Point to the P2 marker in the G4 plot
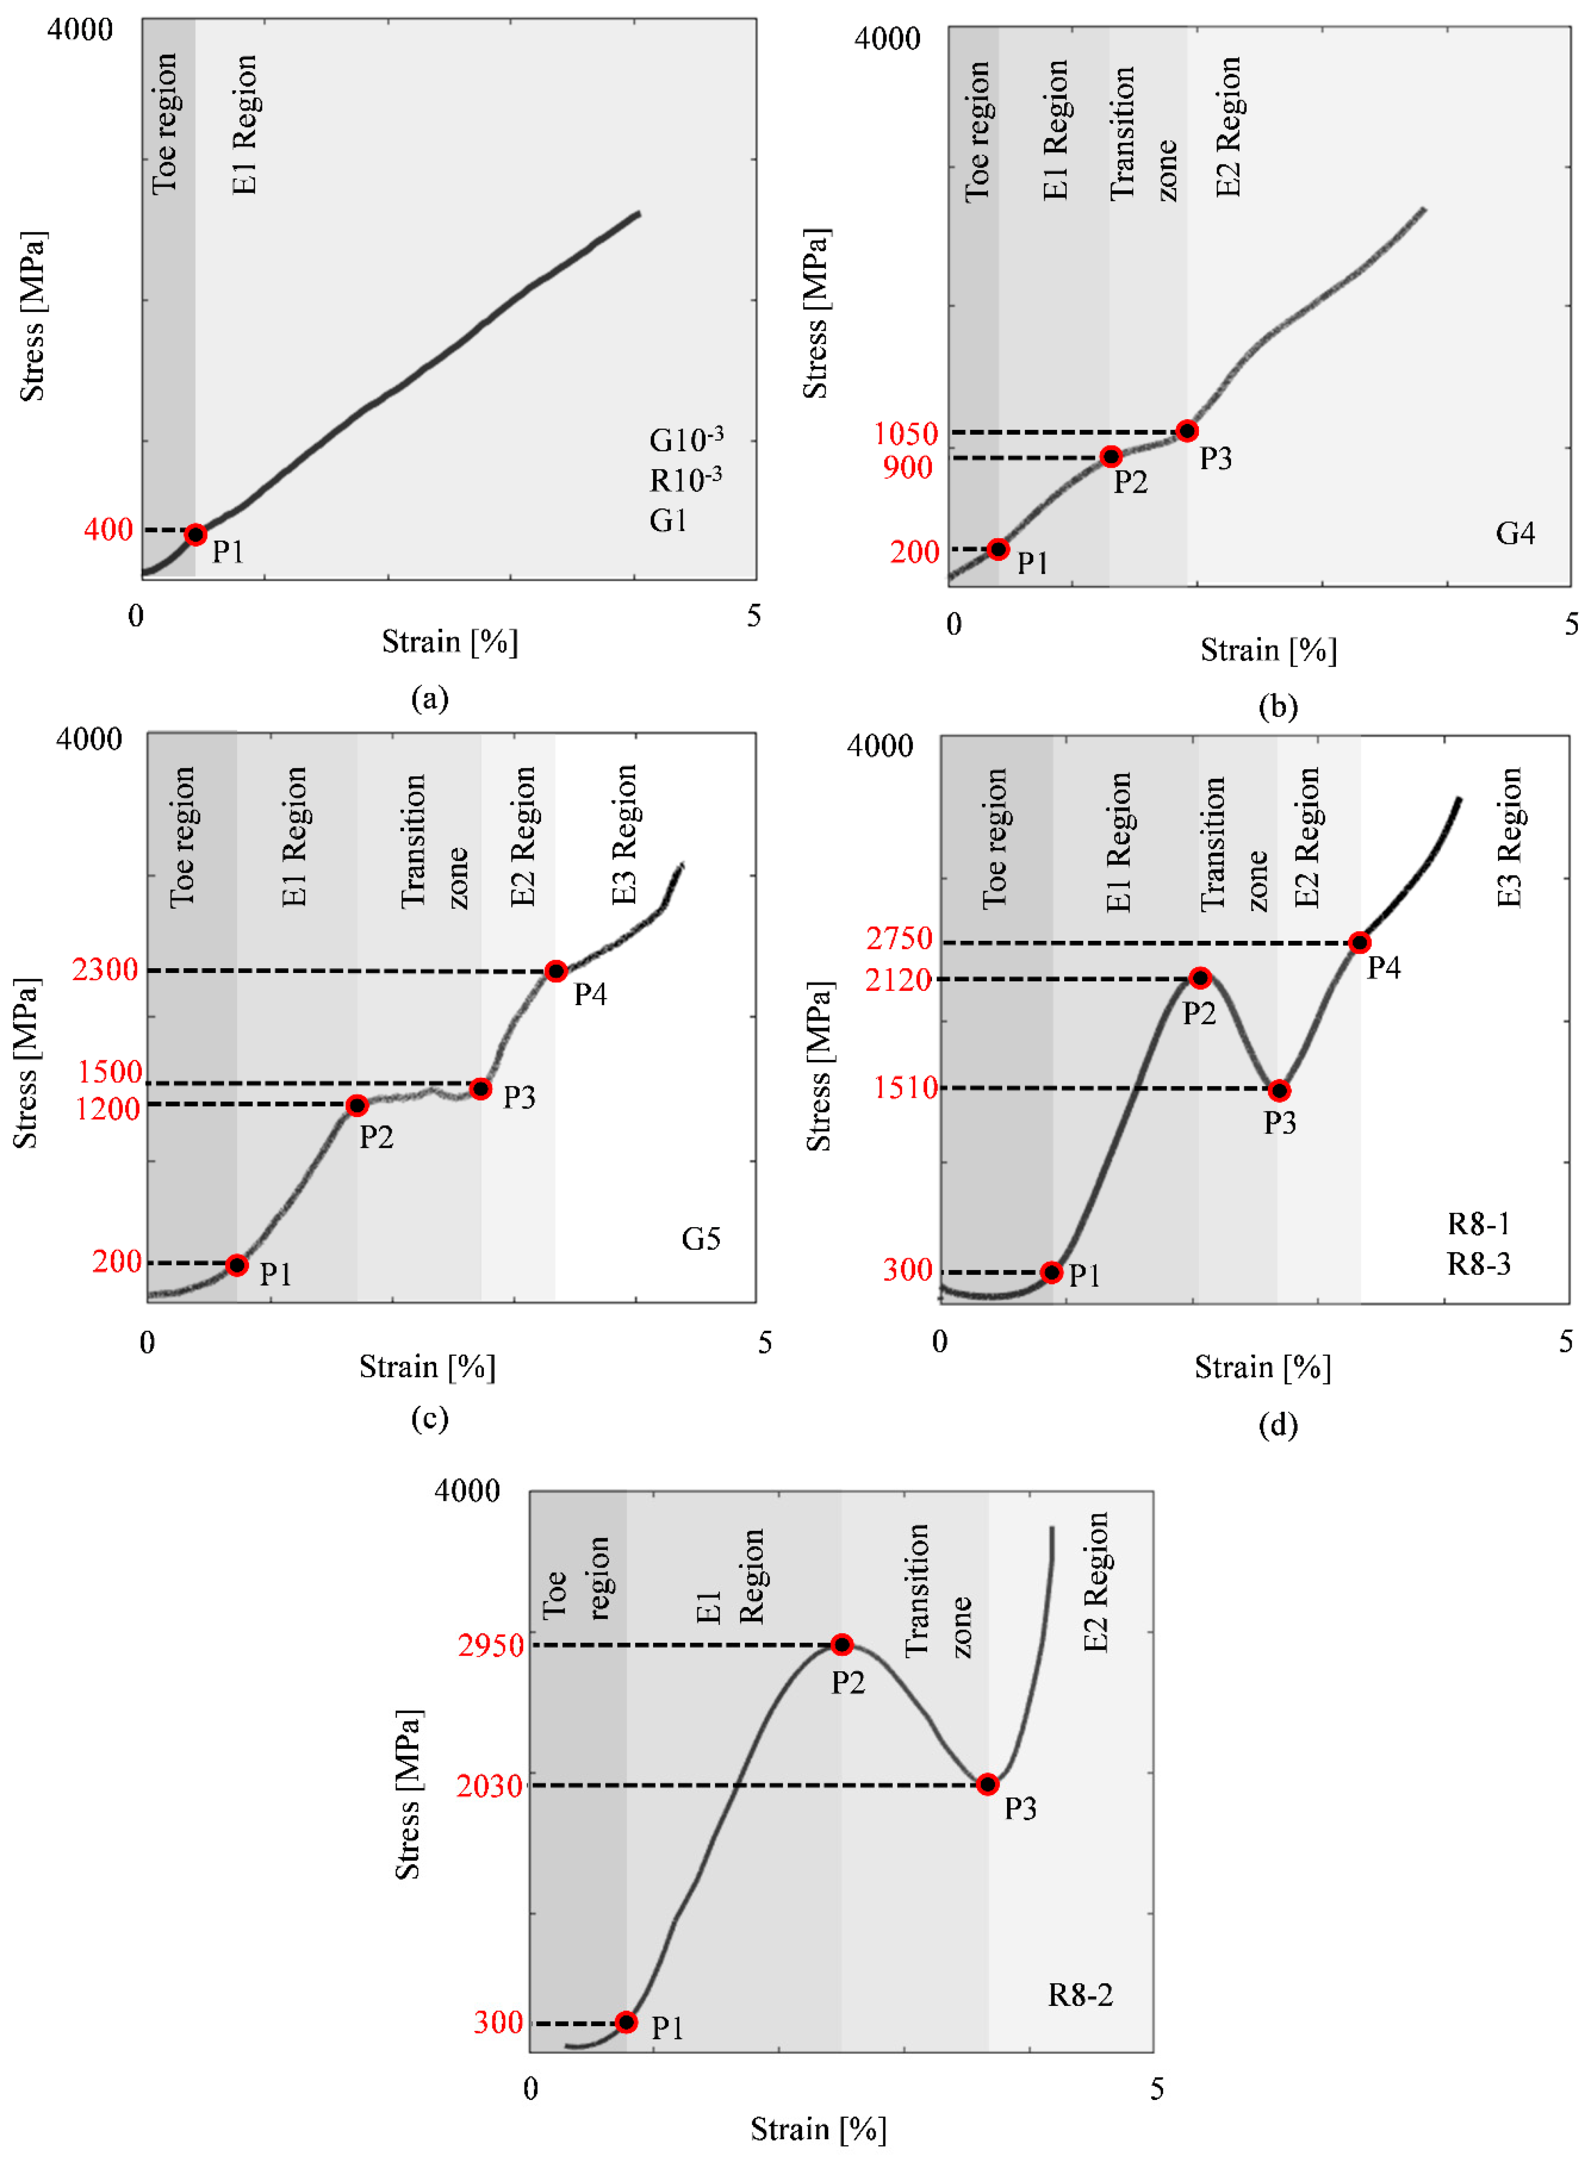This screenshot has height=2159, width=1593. click(x=1111, y=456)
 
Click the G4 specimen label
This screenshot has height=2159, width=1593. click(x=1515, y=533)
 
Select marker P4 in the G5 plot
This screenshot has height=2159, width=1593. click(x=555, y=971)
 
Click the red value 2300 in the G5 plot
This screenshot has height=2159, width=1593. click(x=105, y=969)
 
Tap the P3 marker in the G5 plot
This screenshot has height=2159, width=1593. click(x=480, y=1089)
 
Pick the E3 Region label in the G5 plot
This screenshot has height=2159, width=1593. click(x=625, y=835)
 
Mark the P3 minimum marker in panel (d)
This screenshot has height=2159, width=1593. click(x=1279, y=1091)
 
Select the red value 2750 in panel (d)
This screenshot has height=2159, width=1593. click(x=899, y=938)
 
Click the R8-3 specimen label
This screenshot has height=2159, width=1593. click(x=1478, y=1263)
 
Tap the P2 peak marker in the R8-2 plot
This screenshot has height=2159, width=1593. click(x=842, y=1644)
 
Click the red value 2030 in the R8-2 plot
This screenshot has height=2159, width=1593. click(x=490, y=1786)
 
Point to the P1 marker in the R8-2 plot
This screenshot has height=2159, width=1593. click(x=626, y=2022)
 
